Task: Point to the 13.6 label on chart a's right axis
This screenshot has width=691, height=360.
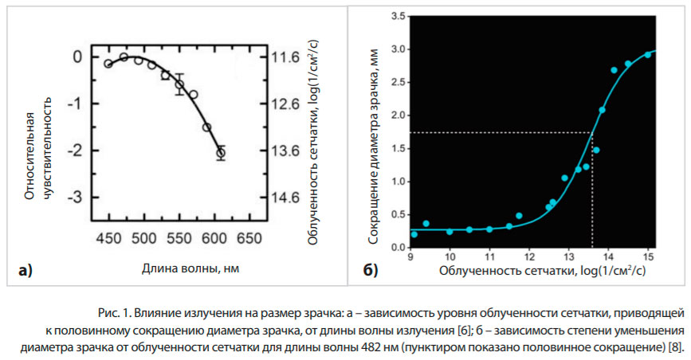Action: tap(285, 151)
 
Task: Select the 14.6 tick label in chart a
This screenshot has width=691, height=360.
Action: tap(285, 197)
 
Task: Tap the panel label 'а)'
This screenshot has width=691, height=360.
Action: tap(26, 271)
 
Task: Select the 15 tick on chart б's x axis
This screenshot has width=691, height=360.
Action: tap(649, 256)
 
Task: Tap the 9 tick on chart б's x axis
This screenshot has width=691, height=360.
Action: tap(410, 256)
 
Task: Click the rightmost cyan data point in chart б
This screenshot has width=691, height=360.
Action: tap(648, 54)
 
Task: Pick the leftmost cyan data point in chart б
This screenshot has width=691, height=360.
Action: tap(414, 234)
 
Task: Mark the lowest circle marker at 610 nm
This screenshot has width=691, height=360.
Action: tap(221, 153)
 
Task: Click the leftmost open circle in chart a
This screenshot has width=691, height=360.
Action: tap(108, 64)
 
